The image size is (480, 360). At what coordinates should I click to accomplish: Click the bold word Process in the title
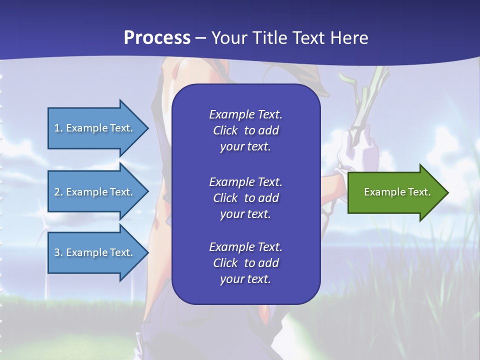pos(157,38)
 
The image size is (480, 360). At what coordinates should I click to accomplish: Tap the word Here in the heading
pos(349,38)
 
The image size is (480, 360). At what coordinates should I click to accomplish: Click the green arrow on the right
pos(395,192)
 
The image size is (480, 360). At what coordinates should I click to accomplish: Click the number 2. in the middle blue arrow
pos(58,192)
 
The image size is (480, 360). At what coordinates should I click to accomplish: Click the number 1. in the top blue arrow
pos(58,128)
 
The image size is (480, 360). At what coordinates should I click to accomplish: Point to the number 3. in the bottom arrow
pos(58,252)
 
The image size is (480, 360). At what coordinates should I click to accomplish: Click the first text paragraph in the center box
pos(245,130)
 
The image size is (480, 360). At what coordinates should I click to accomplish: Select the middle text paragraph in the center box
pos(245,198)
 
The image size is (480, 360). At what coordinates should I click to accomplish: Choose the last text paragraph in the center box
pos(245,263)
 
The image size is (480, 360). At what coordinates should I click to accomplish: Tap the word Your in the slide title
pos(227,38)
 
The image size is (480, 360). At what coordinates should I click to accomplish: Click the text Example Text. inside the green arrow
pos(397,192)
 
